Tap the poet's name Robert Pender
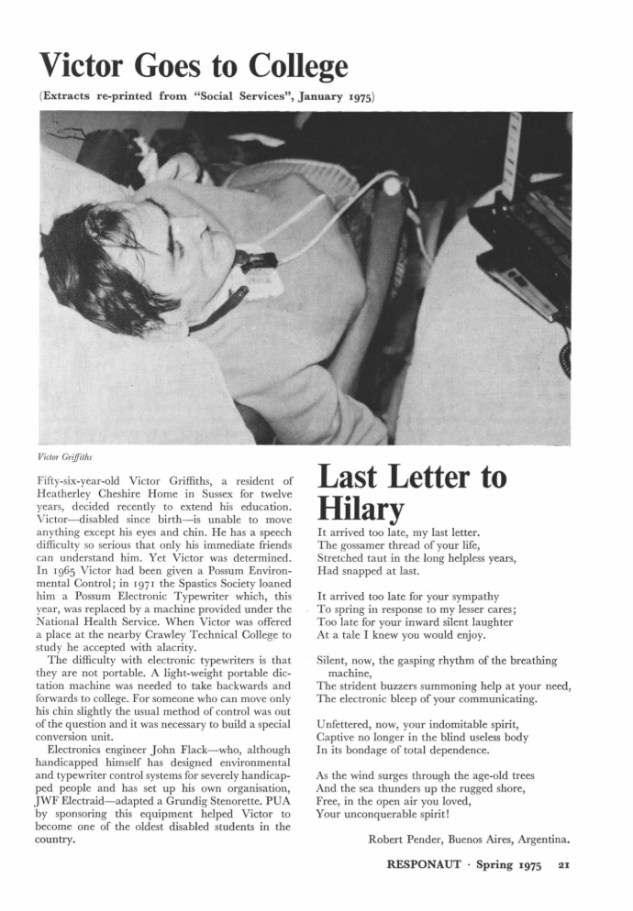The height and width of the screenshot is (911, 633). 404,839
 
